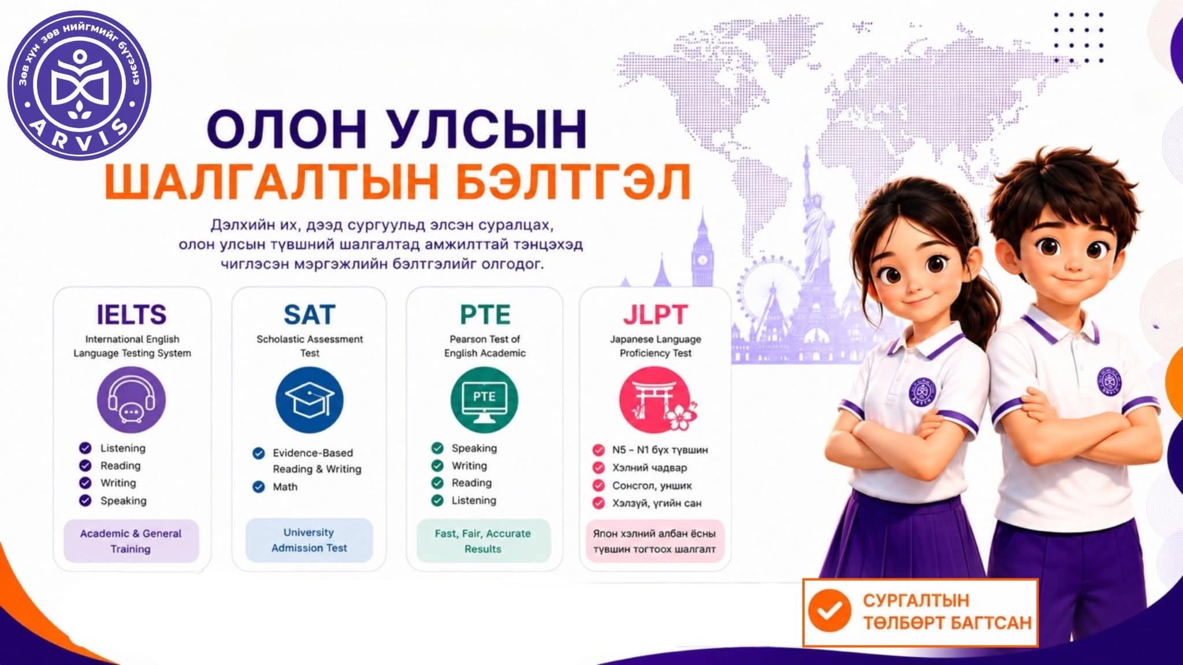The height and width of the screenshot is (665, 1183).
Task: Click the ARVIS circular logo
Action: (x=79, y=86)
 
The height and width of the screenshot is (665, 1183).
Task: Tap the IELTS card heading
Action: (x=132, y=315)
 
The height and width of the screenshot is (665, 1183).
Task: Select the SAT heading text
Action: (x=310, y=315)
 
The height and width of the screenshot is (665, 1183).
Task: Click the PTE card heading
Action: (x=485, y=315)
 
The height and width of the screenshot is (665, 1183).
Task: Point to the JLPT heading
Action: (x=655, y=315)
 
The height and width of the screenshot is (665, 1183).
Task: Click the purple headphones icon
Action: (x=132, y=400)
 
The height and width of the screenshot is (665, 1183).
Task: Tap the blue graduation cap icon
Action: (x=310, y=400)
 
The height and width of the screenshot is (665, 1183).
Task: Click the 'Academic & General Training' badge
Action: (x=131, y=541)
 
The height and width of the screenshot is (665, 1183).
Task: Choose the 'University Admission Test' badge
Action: (x=310, y=540)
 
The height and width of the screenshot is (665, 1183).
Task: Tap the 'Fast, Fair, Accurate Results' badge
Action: (x=483, y=541)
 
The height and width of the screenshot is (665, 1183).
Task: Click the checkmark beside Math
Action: (x=259, y=487)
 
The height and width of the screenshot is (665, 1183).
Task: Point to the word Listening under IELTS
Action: (x=123, y=448)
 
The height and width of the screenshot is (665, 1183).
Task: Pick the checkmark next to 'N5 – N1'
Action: (x=599, y=450)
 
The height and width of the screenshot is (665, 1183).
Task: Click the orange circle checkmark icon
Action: (x=829, y=610)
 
